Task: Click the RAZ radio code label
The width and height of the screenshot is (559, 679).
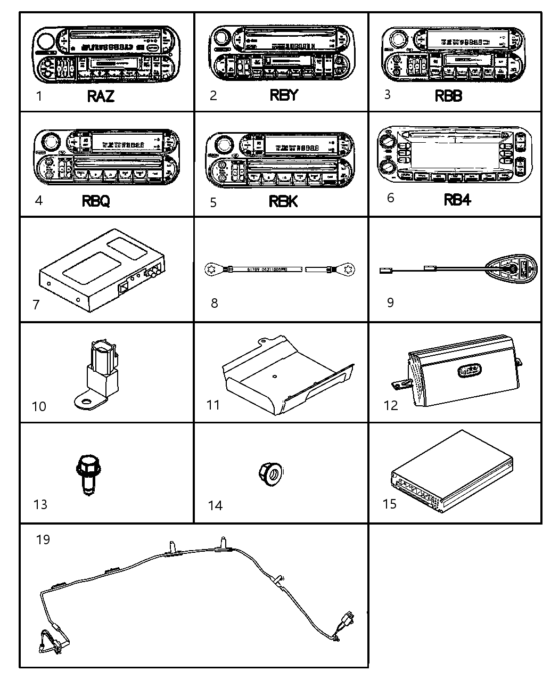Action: tap(101, 96)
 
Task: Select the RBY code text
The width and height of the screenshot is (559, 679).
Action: tap(284, 95)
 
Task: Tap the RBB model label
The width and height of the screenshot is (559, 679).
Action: tap(448, 96)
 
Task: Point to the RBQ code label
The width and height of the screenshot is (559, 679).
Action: tap(96, 201)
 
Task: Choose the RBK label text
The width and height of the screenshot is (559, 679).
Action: tap(284, 201)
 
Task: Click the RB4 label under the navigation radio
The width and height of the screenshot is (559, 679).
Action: tap(457, 200)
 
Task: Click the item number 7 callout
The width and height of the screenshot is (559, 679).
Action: tap(36, 305)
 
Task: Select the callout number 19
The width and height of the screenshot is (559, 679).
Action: tap(43, 539)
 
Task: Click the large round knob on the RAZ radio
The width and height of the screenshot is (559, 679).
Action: tap(46, 41)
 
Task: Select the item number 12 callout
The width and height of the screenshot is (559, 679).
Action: tap(390, 405)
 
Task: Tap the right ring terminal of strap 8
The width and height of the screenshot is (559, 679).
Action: tap(349, 270)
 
